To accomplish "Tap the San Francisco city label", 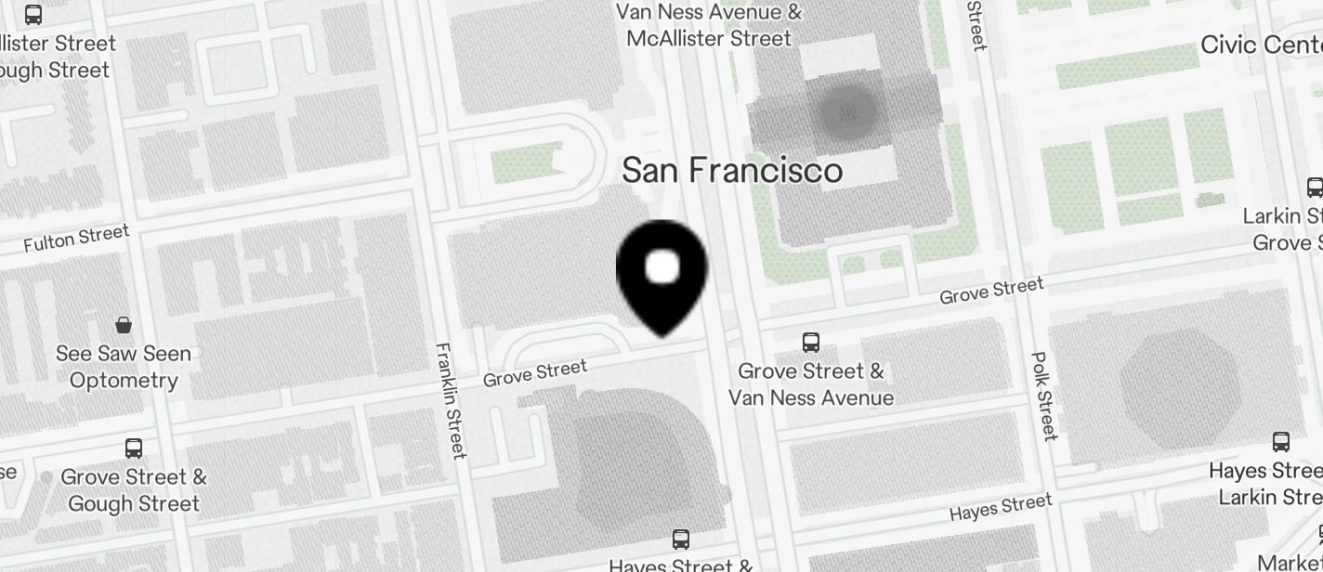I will click(732, 171).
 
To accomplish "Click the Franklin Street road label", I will click(451, 400).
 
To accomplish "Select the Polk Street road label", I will click(1045, 396).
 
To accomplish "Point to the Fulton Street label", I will click(76, 239).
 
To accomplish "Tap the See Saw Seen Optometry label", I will click(124, 367).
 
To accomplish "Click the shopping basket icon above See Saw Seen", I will click(124, 325).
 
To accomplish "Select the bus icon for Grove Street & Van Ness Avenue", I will click(811, 342).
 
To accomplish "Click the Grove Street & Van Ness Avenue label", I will click(811, 384).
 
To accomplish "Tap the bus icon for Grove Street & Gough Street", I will click(134, 448).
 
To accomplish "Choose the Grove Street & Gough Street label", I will click(134, 490).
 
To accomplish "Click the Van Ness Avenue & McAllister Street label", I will click(709, 25).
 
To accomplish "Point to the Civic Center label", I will click(1261, 45).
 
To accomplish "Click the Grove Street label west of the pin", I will click(535, 372).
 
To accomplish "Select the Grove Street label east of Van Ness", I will click(991, 291).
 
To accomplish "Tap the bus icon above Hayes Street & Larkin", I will click(1281, 442).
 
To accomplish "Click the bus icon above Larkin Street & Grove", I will click(1315, 187).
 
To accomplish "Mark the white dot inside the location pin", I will click(662, 267).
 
